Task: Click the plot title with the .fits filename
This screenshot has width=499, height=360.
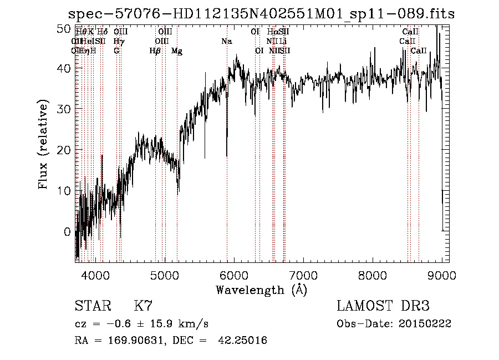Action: [261, 14]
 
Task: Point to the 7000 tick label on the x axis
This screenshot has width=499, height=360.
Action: [303, 275]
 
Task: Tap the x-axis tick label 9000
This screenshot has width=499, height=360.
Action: [442, 275]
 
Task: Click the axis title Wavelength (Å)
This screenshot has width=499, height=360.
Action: [261, 290]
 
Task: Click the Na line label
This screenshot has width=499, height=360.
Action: [227, 42]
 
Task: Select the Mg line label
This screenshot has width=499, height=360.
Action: [177, 51]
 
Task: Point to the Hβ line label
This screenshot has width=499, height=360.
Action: [155, 51]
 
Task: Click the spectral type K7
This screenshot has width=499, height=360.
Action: [143, 306]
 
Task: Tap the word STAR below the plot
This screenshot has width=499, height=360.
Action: [92, 306]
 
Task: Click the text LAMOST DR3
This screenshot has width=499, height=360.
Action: [383, 306]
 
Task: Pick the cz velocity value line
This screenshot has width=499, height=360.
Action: [141, 324]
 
